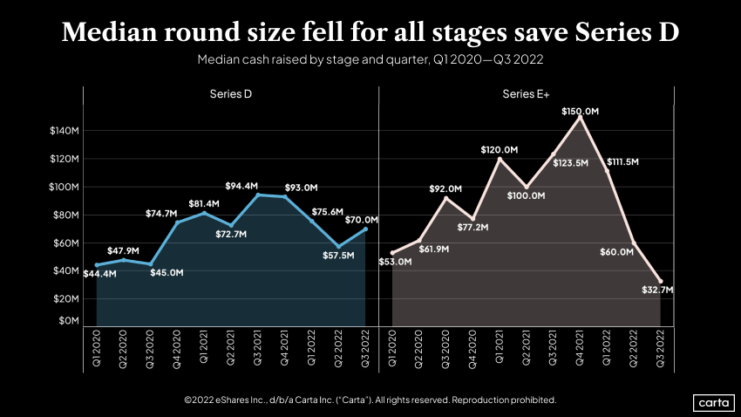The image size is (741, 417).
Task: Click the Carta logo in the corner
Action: tap(714, 402)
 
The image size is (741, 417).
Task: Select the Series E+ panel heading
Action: tap(520, 93)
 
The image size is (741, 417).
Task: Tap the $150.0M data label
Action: tap(581, 112)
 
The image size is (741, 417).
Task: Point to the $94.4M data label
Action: tap(242, 186)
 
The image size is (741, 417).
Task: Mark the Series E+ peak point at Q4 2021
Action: tap(581, 117)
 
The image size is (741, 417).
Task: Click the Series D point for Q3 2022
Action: tap(366, 229)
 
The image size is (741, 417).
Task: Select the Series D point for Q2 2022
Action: tap(339, 246)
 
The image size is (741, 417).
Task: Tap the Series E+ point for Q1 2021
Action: tap(500, 159)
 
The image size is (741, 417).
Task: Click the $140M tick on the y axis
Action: tap(63, 131)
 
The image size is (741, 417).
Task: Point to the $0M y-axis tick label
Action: tap(66, 320)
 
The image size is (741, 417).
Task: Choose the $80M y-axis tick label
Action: tap(65, 215)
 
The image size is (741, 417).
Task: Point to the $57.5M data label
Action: tap(338, 256)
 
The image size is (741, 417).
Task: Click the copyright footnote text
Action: tap(370, 400)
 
